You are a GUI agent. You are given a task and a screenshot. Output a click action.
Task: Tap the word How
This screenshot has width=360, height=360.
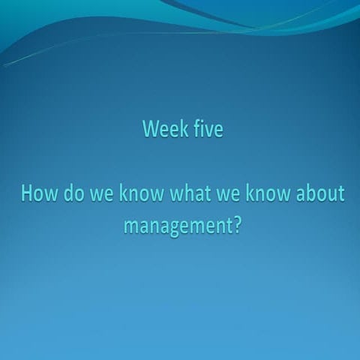point(35,194)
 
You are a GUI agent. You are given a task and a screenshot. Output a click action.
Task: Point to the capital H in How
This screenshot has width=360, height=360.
point(26,194)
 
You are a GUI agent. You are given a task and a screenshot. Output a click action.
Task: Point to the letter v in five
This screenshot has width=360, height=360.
point(205,130)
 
